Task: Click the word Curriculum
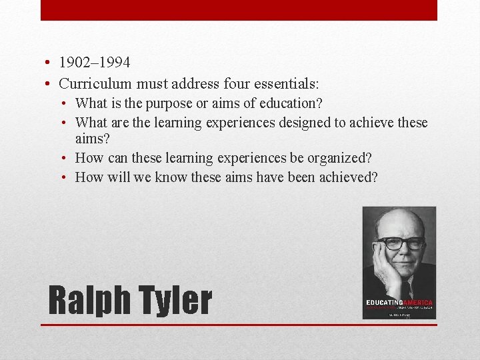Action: point(95,84)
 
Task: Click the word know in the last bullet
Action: point(171,177)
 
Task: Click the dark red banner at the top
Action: point(239,10)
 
